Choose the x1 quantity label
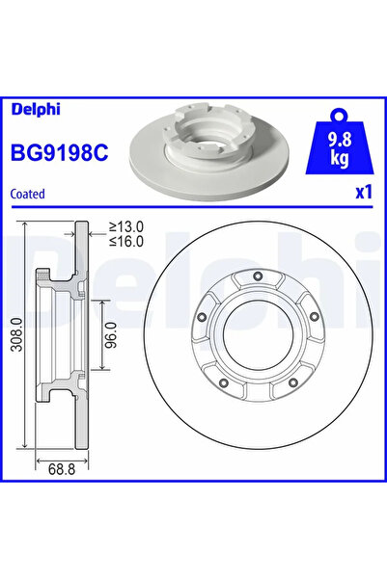pos(363,192)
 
